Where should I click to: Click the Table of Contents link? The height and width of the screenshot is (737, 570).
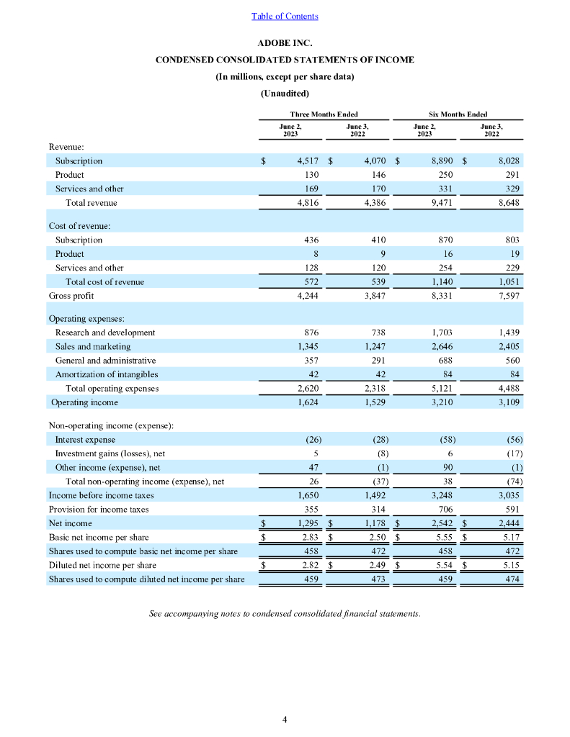(x=285, y=16)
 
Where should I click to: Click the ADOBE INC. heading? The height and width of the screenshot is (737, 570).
(x=285, y=42)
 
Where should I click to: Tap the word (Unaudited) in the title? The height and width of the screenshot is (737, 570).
(x=285, y=93)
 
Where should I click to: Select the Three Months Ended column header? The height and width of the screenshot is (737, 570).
(x=324, y=114)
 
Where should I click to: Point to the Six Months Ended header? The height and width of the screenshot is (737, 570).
(x=458, y=114)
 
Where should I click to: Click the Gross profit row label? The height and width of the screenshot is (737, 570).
(x=71, y=296)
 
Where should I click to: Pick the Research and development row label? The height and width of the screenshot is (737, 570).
(x=105, y=333)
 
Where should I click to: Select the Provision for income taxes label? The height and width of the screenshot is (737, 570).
(x=99, y=509)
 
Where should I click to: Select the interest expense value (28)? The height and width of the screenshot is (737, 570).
(x=376, y=439)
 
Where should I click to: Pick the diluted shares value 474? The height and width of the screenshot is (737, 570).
(x=512, y=579)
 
